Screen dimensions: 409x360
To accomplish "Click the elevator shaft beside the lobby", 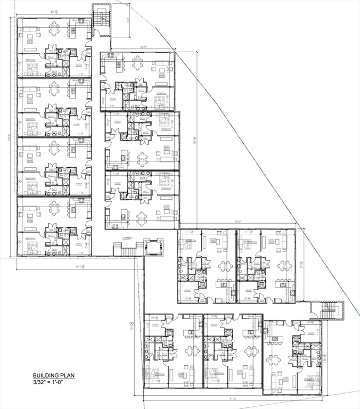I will (155, 246).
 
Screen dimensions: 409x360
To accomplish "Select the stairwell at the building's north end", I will (100, 19).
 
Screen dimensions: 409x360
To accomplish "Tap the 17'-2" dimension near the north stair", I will (128, 21).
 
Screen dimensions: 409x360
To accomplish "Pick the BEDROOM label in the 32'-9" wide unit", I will (161, 93).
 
